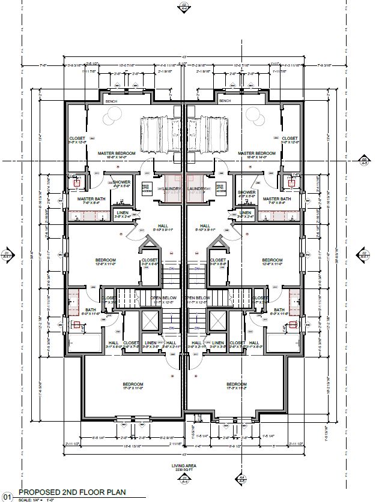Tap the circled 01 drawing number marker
point(7,496)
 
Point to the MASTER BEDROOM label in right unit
point(257,154)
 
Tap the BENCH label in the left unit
point(111,101)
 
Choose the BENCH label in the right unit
point(225,101)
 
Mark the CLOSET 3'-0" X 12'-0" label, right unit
point(290,140)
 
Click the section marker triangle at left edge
point(7,252)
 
